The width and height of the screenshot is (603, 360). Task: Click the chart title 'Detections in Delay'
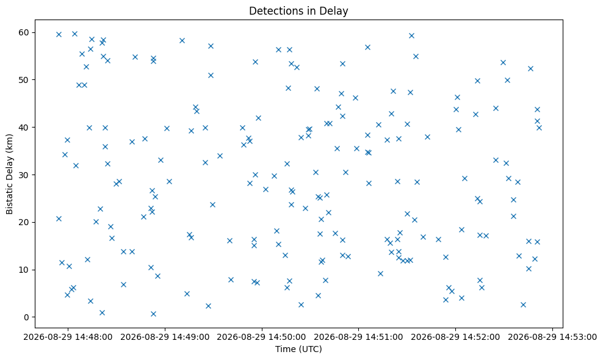[x=298, y=11]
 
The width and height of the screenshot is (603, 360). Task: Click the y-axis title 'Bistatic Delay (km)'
[x=9, y=174]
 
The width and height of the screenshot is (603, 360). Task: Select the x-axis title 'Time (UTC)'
[x=298, y=349]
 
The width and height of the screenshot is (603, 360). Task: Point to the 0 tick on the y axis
[x=26, y=317]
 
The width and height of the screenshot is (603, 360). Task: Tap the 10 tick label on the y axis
[x=24, y=270]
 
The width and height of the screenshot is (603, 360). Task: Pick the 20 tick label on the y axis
[x=24, y=222]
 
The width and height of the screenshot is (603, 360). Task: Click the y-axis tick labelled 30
[x=24, y=175]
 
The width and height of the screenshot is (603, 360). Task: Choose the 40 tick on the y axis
[x=24, y=128]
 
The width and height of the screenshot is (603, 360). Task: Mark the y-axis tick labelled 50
[x=24, y=79]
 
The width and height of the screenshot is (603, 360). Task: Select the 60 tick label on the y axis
[x=24, y=32]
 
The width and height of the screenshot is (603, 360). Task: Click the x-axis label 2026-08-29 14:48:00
[x=68, y=337]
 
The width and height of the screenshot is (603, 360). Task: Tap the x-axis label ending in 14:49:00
[x=165, y=337]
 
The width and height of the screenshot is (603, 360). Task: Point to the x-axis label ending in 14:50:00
[x=262, y=337]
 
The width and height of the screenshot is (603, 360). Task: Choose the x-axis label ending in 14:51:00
[x=359, y=337]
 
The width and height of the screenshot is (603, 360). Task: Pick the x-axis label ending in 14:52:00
[x=456, y=337]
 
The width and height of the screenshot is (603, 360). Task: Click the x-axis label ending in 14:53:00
[x=552, y=337]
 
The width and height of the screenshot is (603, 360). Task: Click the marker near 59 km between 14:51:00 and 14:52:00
[x=411, y=36]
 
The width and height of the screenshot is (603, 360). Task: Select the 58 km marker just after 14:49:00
[x=182, y=41]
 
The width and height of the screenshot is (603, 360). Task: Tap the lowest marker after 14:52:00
[x=523, y=305]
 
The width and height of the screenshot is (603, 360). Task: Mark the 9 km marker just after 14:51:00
[x=380, y=274]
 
